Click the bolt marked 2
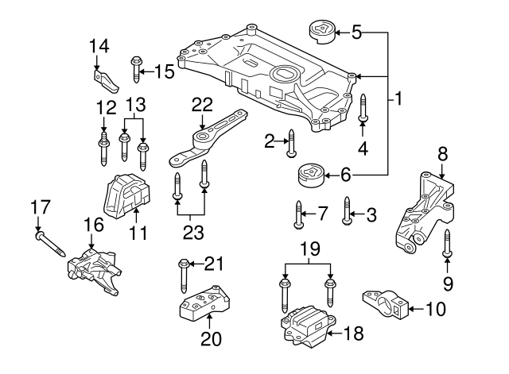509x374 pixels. [291, 143]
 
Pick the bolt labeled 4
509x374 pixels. [363, 109]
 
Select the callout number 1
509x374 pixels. [398, 100]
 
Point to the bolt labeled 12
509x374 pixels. [103, 148]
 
